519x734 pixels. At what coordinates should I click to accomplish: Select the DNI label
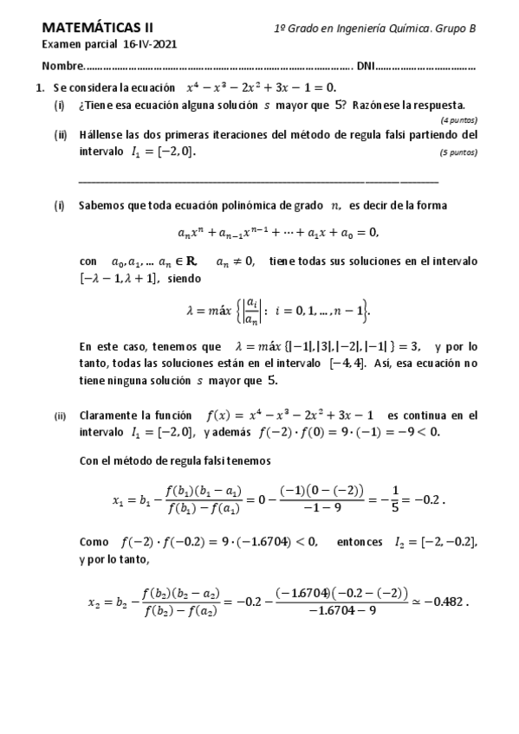(x=366, y=67)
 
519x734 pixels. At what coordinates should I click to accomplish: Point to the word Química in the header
(x=405, y=29)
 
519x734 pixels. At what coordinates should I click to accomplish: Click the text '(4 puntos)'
(x=458, y=119)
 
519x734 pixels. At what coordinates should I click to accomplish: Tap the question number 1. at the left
(x=40, y=87)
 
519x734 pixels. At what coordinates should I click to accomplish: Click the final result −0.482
(x=446, y=603)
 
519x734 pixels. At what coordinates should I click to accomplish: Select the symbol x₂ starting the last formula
(x=94, y=602)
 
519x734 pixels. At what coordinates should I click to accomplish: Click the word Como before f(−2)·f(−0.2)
(x=94, y=542)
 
